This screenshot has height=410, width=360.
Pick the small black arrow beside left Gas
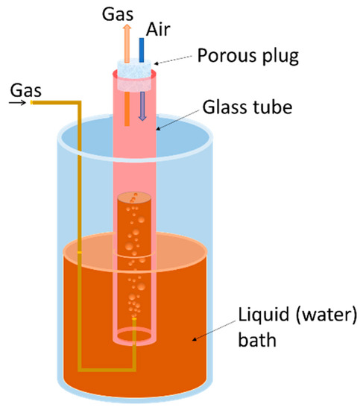(21, 105)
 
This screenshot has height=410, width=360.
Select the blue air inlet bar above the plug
(142, 42)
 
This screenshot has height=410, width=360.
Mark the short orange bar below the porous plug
(127, 105)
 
